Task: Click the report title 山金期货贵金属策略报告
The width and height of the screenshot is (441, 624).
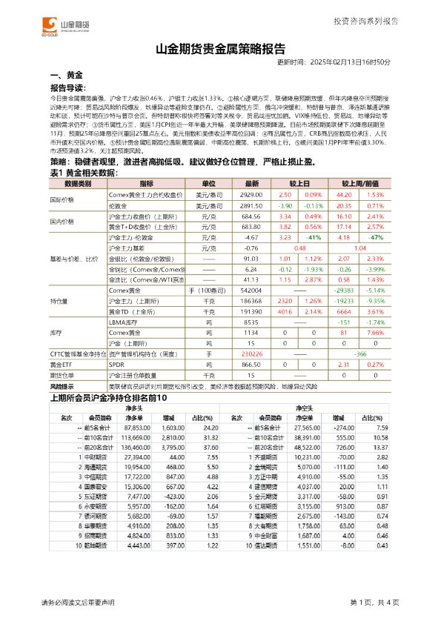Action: [220, 50]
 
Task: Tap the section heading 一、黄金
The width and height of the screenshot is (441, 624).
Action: [65, 76]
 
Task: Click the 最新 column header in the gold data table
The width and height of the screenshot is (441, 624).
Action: [252, 182]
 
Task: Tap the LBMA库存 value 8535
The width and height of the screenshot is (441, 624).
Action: [252, 323]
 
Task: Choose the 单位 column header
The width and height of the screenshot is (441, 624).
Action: [199, 182]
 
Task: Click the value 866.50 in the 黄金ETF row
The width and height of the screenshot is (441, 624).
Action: [252, 365]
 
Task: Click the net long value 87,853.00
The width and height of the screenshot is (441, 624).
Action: [137, 428]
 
